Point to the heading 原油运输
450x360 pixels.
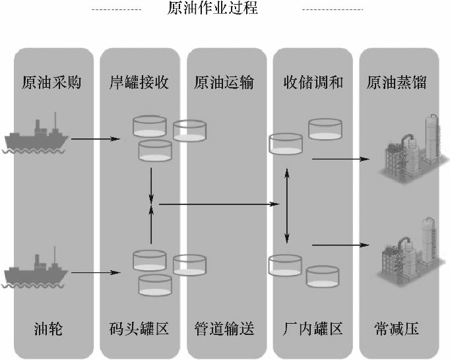pyautogui.click(x=224, y=83)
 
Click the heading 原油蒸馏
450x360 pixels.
pyautogui.click(x=397, y=83)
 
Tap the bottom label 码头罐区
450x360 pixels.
pyautogui.click(x=139, y=328)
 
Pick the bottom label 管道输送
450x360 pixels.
pyautogui.click(x=224, y=328)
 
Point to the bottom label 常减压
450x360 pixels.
pyautogui.click(x=396, y=328)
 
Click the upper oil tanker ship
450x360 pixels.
pyautogui.click(x=37, y=136)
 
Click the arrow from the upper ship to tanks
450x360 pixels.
pyautogui.click(x=96, y=139)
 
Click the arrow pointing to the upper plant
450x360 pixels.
pyautogui.click(x=340, y=159)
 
